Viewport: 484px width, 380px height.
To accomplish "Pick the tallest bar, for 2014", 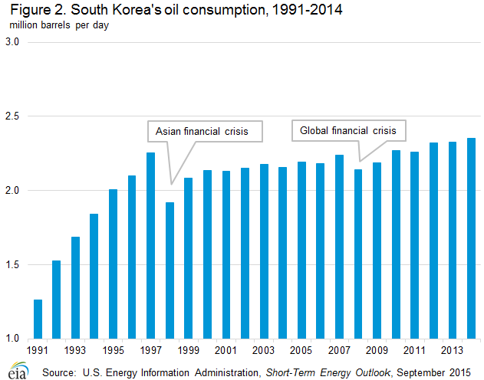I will tap(471, 238).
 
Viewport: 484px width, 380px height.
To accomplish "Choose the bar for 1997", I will tap(151, 245).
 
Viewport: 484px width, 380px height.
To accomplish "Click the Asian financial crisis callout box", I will tap(203, 131).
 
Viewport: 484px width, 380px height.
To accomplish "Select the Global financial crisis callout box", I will tap(348, 131).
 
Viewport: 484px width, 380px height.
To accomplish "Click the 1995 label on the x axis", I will tap(114, 350).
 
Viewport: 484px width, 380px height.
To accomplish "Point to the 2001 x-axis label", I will tap(226, 350).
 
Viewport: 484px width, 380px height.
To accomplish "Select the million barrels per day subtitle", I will tap(59, 26).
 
